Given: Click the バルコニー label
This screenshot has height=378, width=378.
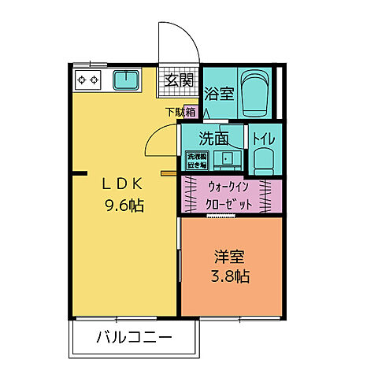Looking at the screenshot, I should [133, 340].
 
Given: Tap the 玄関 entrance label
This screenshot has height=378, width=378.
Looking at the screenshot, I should [180, 80].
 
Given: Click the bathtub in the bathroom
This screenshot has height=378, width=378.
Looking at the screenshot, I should [254, 93].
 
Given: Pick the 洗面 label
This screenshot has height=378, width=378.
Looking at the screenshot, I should [213, 139].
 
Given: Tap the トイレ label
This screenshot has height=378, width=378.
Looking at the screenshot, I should [264, 139].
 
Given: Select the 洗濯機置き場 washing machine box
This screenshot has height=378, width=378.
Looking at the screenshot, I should [197, 160].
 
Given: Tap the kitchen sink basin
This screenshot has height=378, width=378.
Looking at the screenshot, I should [125, 80].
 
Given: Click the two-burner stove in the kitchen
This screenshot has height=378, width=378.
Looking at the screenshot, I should [87, 80].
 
